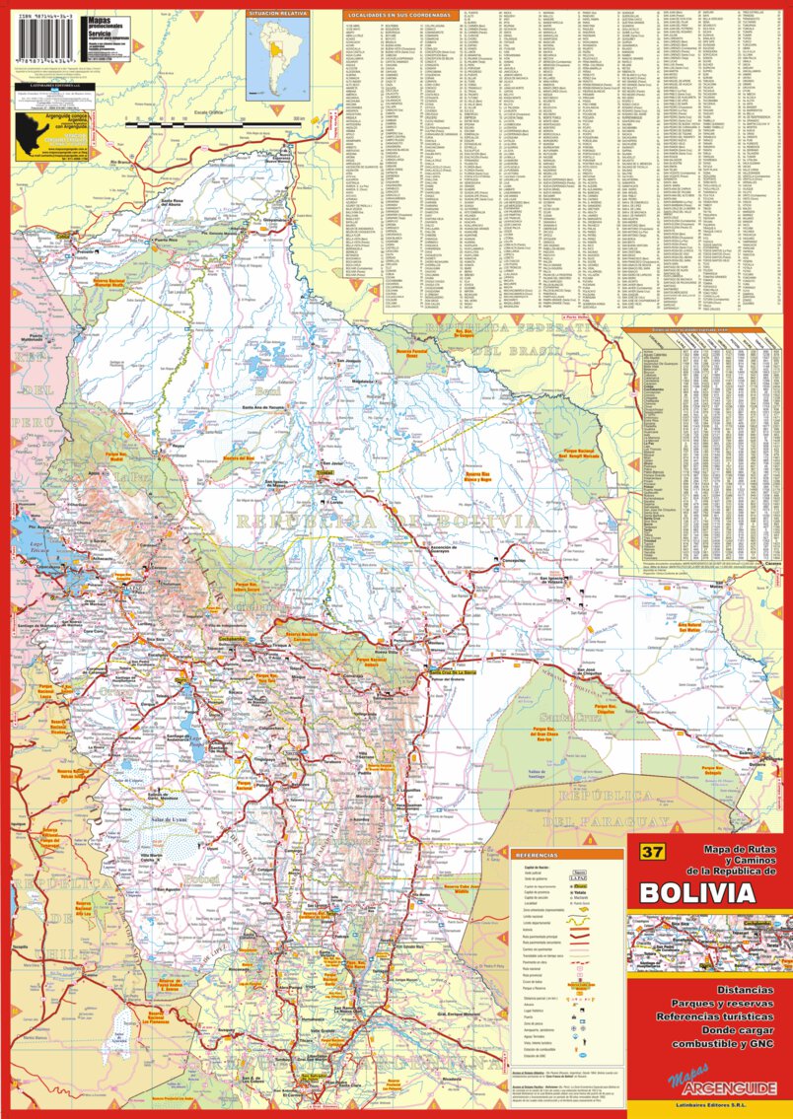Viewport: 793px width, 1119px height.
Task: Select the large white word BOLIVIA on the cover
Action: tap(697, 893)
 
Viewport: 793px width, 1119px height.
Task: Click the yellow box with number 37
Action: tap(651, 852)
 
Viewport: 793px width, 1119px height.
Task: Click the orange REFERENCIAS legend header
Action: tap(537, 856)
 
